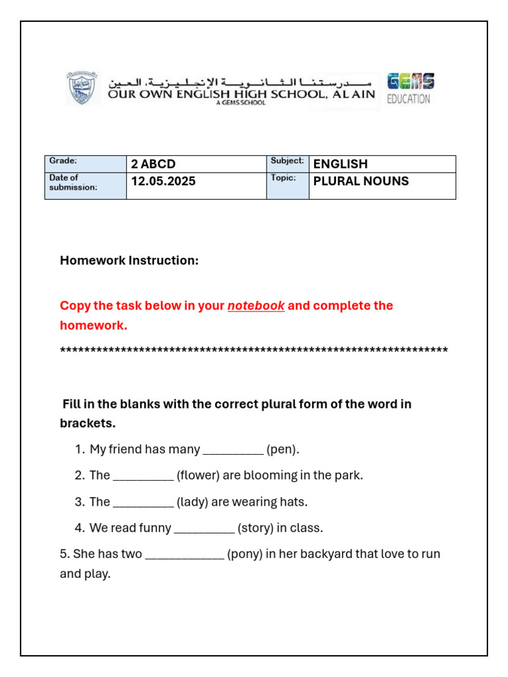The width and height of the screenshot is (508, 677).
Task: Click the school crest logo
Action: (x=83, y=89)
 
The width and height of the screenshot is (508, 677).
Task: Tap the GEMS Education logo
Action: (x=410, y=89)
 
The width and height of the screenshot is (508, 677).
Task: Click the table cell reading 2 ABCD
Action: (x=196, y=164)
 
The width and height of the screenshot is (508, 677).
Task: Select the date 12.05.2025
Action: (x=163, y=181)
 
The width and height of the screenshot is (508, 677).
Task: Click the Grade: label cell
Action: (x=85, y=164)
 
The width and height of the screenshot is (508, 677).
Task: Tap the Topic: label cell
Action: (x=287, y=185)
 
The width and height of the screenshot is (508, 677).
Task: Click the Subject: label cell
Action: (x=287, y=164)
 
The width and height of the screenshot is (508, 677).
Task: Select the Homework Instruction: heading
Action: (x=129, y=260)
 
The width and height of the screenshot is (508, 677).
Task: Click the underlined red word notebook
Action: (x=256, y=305)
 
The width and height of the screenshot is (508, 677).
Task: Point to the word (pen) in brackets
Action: (x=282, y=450)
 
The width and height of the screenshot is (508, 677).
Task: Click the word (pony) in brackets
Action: (x=245, y=554)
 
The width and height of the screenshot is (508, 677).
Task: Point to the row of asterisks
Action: (x=254, y=350)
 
